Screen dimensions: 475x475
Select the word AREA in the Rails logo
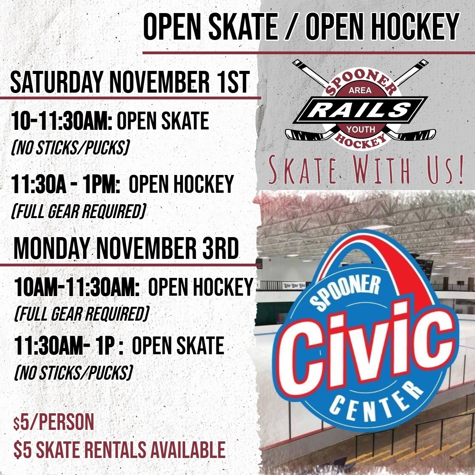(360, 91)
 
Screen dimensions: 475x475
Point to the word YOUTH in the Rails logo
(360, 129)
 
